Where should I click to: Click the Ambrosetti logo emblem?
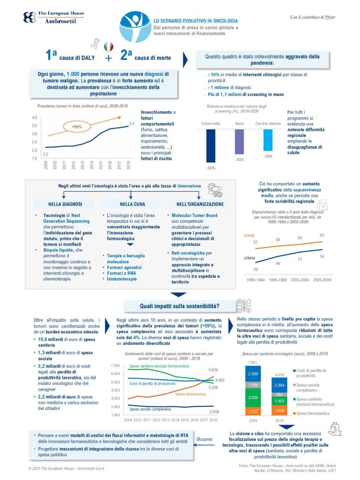tap(30, 17)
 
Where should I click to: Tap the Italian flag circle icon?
tap(108, 46)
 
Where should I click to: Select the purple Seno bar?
tap(239, 141)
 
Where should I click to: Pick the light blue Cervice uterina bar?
tap(268, 140)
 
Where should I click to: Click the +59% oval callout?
tap(77, 127)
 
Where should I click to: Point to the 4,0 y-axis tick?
tap(34, 118)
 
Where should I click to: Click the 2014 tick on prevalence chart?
tap(92, 165)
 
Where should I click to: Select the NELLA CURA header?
tap(132, 204)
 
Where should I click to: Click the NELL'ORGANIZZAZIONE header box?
tap(200, 204)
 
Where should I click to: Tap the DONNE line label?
tap(249, 235)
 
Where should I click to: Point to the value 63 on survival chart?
tap(322, 235)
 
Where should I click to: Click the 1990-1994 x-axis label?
tap(255, 280)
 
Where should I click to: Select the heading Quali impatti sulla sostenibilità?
tap(180, 306)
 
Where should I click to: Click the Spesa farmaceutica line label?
tap(190, 394)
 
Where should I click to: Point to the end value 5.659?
tap(213, 370)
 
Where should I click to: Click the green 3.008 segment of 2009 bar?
tap(253, 397)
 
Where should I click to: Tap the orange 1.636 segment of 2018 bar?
tap(279, 411)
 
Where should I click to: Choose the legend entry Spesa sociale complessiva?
tap(307, 387)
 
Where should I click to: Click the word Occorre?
tap(205, 439)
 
